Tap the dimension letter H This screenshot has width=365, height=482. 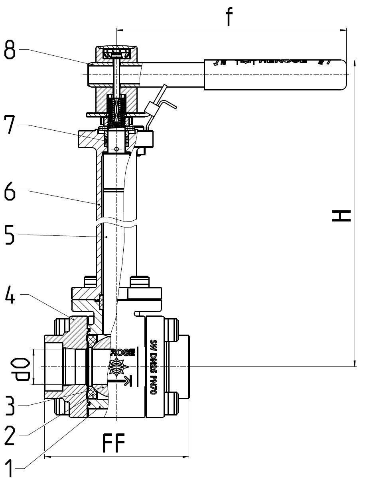341,216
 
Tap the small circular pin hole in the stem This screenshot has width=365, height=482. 116,149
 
